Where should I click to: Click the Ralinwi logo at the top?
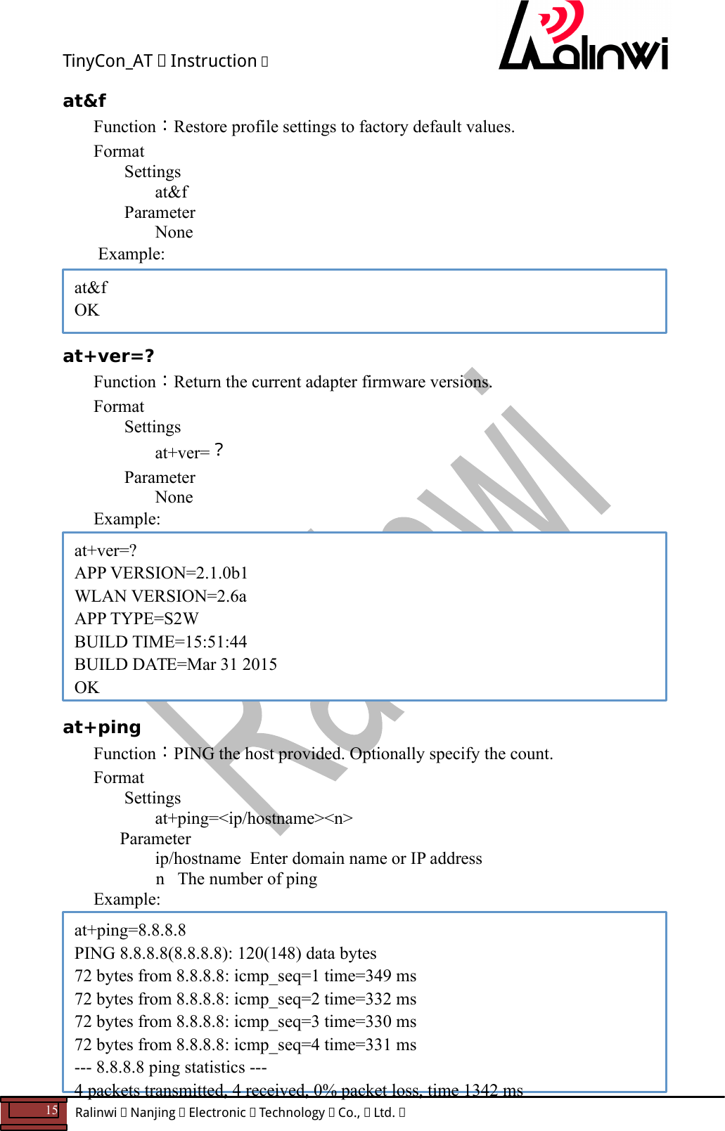(582, 39)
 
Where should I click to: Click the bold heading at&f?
(84, 101)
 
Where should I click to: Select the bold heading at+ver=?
(108, 356)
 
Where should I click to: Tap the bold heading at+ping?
(102, 728)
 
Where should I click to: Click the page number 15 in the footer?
(51, 1111)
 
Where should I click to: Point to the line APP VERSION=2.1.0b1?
(161, 573)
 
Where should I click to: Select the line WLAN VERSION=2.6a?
(160, 596)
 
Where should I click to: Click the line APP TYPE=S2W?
(136, 619)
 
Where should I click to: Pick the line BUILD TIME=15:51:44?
(160, 642)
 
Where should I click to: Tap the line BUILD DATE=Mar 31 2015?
(176, 664)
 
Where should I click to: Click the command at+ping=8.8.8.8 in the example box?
(130, 930)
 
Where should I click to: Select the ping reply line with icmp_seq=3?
(245, 1021)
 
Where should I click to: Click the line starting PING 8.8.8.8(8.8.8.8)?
(225, 953)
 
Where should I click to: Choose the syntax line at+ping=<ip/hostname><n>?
(254, 818)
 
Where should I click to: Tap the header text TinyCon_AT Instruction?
(165, 61)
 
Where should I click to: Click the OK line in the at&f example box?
(87, 310)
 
